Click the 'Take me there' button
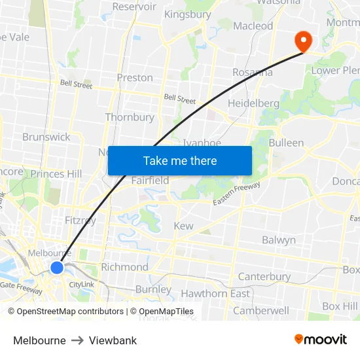pos(180,160)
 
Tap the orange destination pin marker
pos(304,41)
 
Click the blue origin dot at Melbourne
pos(57,267)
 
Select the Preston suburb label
pos(135,77)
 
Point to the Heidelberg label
pos(253,103)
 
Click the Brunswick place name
pos(46,137)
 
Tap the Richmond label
pos(124,267)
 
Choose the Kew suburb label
pos(183,226)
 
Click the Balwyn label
pos(279,240)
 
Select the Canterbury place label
pos(264,277)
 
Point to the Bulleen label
pos(286,143)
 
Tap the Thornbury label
pos(130,117)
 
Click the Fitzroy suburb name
pos(81,221)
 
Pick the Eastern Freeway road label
pos(236,195)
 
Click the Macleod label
pos(253,26)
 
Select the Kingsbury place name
pos(187,14)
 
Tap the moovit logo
pos(321,340)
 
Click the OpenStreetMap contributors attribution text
pos(69,312)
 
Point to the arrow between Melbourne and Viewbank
pos(77,340)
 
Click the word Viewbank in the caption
pos(113,340)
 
